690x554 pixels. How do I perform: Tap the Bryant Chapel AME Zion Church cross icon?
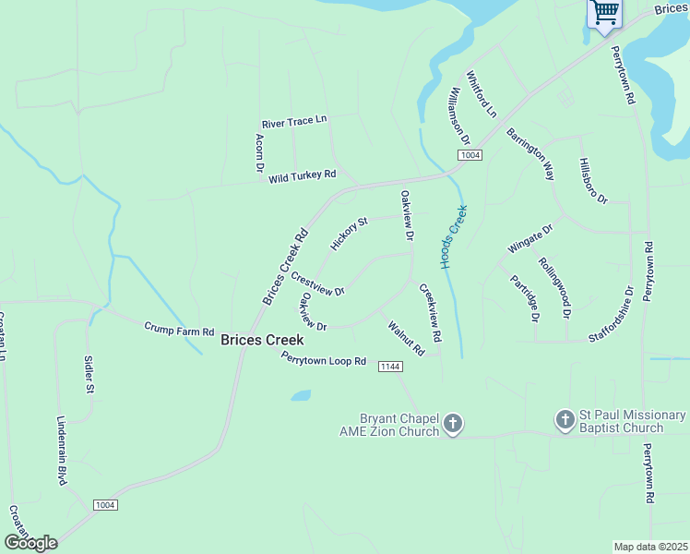(452, 424)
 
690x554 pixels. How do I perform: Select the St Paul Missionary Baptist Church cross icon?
(565, 421)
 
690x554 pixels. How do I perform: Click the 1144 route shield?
(390, 367)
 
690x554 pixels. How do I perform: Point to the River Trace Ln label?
(294, 122)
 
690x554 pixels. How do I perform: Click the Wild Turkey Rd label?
(302, 175)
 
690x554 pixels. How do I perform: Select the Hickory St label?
(349, 234)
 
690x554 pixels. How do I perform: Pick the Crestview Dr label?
(317, 283)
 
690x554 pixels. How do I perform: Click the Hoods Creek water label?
(454, 236)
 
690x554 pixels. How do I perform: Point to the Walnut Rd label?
(406, 338)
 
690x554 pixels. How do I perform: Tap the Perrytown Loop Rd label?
(324, 359)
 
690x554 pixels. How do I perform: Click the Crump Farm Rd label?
(179, 329)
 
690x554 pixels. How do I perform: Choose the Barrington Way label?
(530, 153)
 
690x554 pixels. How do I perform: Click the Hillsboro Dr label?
(593, 180)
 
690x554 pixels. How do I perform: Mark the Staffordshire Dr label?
(611, 314)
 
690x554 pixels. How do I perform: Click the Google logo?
(30, 543)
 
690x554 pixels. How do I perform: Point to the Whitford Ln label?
(481, 93)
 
